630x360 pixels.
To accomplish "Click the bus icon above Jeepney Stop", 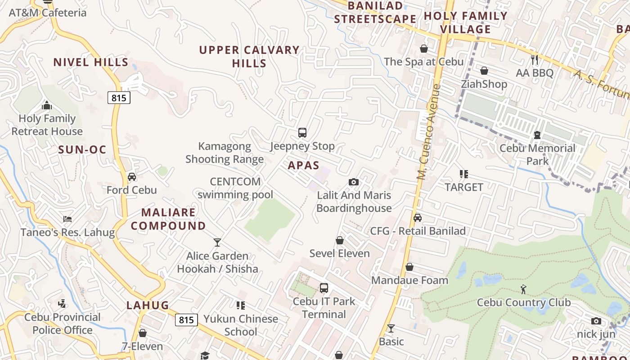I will click(302, 133).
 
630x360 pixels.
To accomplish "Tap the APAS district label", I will click(303, 165).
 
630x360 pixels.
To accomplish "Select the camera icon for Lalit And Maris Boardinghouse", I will click(354, 182).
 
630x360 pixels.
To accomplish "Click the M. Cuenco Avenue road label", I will click(428, 132).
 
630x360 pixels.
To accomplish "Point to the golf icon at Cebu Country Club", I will click(523, 289).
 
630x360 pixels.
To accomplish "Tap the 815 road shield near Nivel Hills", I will click(119, 98).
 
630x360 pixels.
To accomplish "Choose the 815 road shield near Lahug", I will click(186, 320).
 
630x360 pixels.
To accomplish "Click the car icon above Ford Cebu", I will click(132, 177).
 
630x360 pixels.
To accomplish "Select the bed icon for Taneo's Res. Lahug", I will click(67, 219).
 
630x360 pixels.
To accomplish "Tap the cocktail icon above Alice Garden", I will click(217, 243).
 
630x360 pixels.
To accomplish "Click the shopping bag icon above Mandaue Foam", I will click(409, 267).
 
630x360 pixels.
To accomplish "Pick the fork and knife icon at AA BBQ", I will click(535, 59).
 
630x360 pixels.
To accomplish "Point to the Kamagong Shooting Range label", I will click(225, 153).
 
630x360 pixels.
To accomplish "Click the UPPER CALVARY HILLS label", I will click(249, 56).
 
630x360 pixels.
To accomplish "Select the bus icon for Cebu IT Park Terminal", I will click(324, 288).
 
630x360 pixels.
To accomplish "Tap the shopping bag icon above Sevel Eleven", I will click(340, 240).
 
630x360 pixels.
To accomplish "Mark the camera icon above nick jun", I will click(596, 321).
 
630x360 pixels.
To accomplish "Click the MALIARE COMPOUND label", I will click(168, 219).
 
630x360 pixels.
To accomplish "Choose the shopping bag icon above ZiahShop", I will click(484, 71).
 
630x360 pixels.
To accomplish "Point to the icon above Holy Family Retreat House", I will click(47, 106).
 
